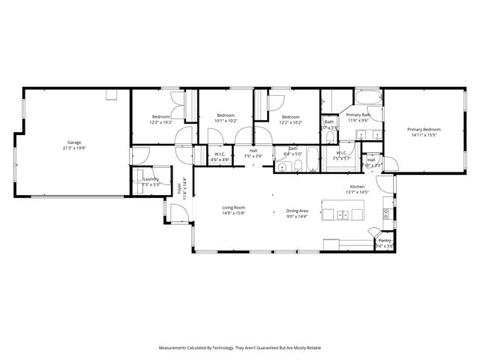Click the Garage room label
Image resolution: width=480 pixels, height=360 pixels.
pyautogui.click(x=74, y=142)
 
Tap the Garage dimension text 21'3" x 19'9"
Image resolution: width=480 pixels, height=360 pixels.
pyautogui.click(x=74, y=148)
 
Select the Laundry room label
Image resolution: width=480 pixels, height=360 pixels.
pyautogui.click(x=150, y=179)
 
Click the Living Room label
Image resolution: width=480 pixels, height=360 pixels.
pyautogui.click(x=233, y=207)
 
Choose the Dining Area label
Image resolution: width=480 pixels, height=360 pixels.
pyautogui.click(x=297, y=211)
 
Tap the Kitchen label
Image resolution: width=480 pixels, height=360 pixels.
pyautogui.click(x=357, y=187)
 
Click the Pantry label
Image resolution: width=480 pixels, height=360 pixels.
pyautogui.click(x=385, y=240)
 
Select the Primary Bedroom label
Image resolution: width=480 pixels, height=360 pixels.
pyautogui.click(x=424, y=130)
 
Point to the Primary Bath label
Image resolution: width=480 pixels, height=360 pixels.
pyautogui.click(x=358, y=115)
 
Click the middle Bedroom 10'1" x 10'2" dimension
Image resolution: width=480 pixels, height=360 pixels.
pyautogui.click(x=226, y=120)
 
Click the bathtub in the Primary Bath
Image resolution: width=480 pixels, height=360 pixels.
pyautogui.click(x=368, y=99)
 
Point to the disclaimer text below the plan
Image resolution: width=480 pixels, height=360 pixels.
pyautogui.click(x=239, y=348)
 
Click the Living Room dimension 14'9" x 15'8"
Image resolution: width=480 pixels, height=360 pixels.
pyautogui.click(x=233, y=213)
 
